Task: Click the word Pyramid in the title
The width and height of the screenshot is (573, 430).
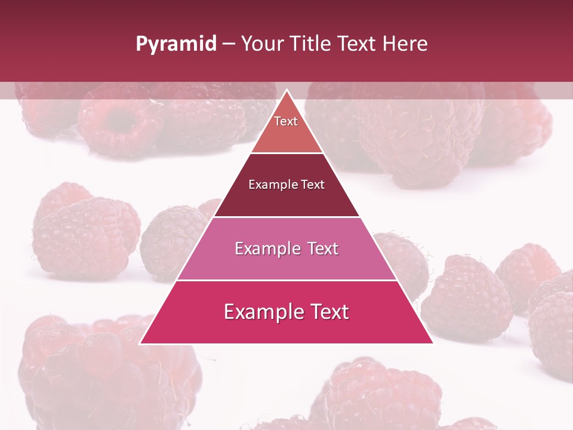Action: click(x=176, y=44)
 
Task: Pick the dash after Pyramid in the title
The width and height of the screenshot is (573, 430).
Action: click(x=229, y=44)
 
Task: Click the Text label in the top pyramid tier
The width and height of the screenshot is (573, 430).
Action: click(x=286, y=121)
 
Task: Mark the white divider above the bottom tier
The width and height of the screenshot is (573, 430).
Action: click(x=286, y=280)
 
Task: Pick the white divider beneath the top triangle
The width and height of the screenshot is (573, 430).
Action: click(x=286, y=153)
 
